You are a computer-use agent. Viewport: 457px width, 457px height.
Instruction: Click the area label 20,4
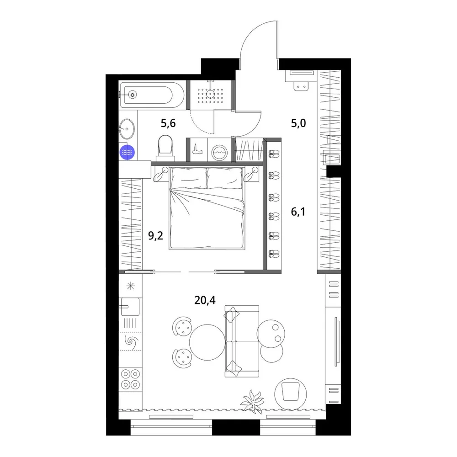pos(205,300)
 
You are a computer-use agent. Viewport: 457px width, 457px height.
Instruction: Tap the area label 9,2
pos(156,235)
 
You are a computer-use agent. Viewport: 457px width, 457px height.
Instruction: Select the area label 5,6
pos(168,123)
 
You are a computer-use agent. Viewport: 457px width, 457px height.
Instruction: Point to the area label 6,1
pos(298,212)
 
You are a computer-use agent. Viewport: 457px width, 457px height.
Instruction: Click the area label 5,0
pos(298,123)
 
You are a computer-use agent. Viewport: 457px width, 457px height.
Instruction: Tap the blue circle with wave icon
pos(128,152)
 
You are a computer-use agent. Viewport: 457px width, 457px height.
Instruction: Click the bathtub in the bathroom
pos(152,95)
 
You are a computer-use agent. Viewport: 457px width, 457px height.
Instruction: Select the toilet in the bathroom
pos(165,148)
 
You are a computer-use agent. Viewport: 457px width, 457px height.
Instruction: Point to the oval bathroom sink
pos(127,129)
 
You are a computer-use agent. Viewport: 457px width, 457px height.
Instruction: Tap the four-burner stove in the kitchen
pos(130,379)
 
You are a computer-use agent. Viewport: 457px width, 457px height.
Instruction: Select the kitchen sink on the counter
pos(130,307)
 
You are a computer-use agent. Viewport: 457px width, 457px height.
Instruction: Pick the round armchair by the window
pos(291,394)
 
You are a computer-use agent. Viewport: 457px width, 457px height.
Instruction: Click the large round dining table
pos(207,342)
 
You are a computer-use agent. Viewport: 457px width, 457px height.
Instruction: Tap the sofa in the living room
pos(242,341)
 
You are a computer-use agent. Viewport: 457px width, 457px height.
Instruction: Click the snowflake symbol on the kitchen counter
pos(130,286)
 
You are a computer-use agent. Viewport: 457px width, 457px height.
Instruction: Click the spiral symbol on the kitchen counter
pos(130,341)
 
